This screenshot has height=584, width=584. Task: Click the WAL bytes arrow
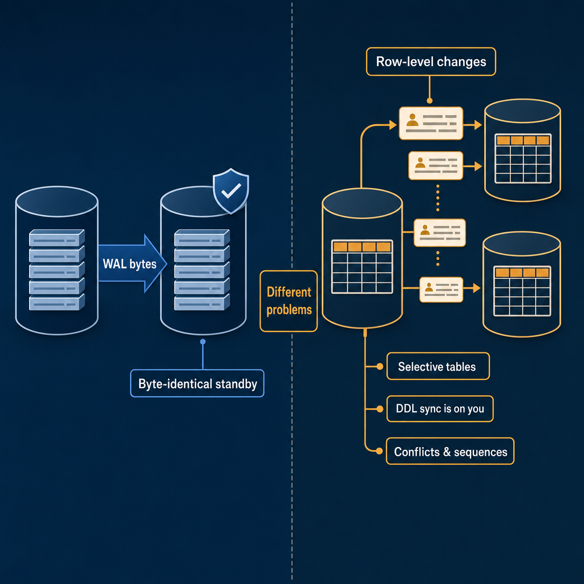tap(132, 263)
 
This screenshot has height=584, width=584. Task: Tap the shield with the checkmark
tap(231, 191)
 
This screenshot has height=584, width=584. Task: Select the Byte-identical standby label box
tap(197, 383)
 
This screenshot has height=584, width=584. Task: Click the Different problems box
tap(289, 301)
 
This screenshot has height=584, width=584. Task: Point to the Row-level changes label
tap(431, 62)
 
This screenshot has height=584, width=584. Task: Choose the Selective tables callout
tap(438, 367)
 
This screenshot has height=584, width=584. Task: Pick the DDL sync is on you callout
tap(440, 408)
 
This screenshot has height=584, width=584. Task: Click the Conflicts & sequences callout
tap(450, 452)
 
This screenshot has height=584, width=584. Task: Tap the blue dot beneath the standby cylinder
tap(202, 342)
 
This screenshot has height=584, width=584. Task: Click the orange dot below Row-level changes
tap(429, 100)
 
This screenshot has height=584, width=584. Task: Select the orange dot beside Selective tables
tap(379, 367)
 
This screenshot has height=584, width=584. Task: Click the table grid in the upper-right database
tap(523, 159)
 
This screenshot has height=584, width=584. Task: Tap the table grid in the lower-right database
tap(522, 291)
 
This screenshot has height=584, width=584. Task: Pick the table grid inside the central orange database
tap(362, 267)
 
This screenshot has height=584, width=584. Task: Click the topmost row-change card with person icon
tap(431, 123)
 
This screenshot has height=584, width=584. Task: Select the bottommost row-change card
tap(441, 289)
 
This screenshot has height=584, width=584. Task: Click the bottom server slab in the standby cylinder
tap(202, 302)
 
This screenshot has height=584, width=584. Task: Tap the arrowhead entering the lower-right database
tap(477, 288)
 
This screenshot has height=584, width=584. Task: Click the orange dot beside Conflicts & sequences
tap(379, 451)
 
